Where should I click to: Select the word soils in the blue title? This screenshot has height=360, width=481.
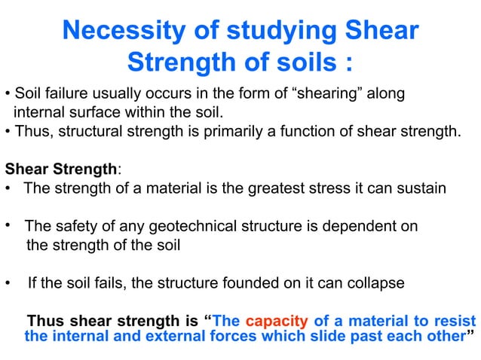[x=294, y=62]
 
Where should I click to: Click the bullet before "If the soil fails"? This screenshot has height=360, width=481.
[x=8, y=284]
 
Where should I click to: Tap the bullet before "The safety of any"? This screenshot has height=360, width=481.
[x=8, y=225]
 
